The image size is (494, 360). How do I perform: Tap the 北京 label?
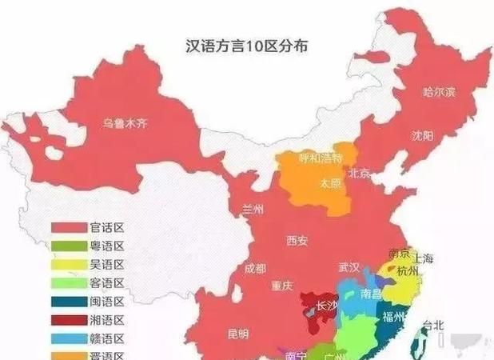coord(359,174)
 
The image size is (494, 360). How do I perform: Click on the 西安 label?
coord(296,239)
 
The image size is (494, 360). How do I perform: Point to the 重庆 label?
coord(281,285)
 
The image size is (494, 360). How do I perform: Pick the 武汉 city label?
coord(349,266)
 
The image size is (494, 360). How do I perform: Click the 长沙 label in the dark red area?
coord(328,305)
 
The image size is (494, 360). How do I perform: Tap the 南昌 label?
coord(371,294)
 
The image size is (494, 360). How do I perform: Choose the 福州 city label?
coord(392,317)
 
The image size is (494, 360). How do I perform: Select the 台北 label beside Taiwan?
coord(432,326)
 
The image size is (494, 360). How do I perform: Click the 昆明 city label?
coord(237,334)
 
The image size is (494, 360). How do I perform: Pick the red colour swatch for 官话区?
coord(69,228)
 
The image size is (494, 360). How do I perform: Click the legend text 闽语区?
coord(106,302)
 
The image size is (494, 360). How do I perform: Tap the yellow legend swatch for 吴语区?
coord(69,265)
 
